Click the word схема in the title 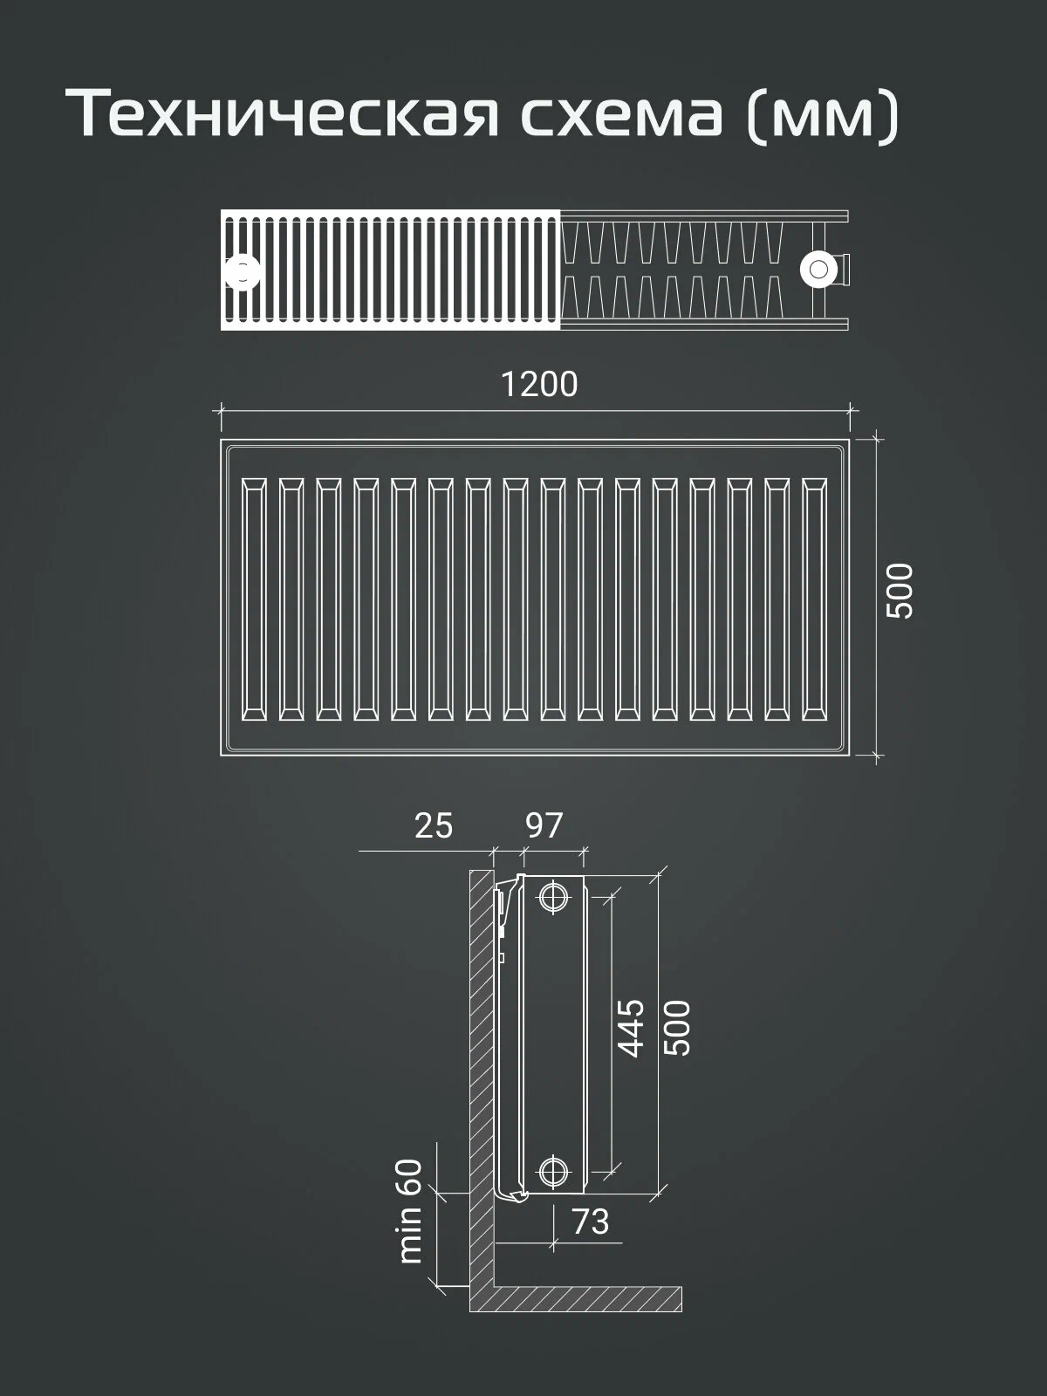622,116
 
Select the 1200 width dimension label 539,385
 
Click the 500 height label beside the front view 900,590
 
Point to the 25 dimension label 434,826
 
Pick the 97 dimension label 544,826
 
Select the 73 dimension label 591,1221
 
